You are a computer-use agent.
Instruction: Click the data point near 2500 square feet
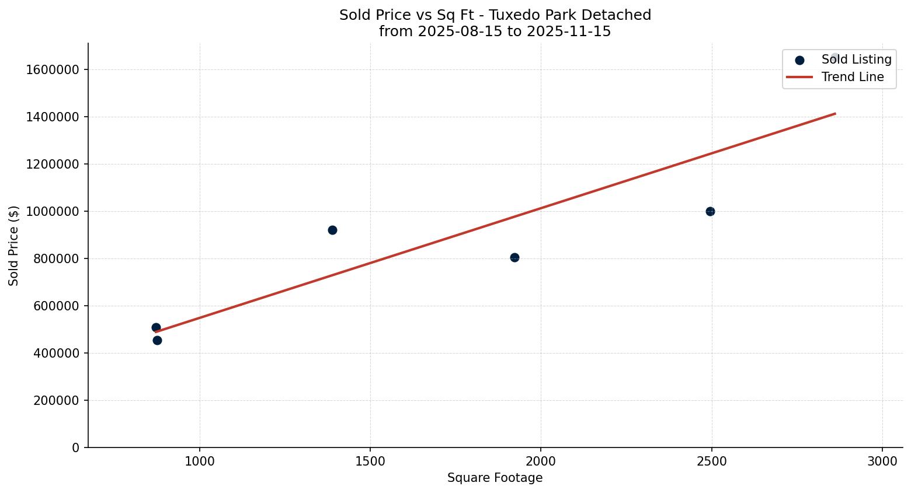point(710,211)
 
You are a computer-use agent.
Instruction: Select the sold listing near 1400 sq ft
point(332,230)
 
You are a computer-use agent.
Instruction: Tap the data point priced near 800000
point(514,257)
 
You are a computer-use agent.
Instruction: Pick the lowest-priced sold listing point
point(157,340)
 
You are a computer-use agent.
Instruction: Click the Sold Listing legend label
point(856,60)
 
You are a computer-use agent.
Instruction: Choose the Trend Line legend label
point(852,77)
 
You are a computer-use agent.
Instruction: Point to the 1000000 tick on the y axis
point(53,211)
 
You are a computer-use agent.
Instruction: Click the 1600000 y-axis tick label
point(53,69)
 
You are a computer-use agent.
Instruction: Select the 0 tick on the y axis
point(75,447)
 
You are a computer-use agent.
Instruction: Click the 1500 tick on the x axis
point(370,461)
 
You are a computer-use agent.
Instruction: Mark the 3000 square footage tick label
point(882,461)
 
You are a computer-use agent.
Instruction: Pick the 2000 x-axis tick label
point(541,461)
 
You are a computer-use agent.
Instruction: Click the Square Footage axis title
point(495,478)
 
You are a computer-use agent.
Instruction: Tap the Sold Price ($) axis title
point(14,246)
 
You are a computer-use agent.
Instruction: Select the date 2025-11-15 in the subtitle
point(568,32)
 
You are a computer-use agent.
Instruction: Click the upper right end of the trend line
point(835,114)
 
